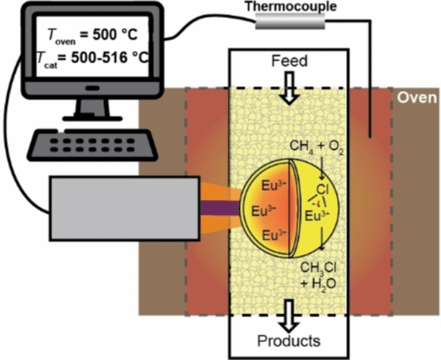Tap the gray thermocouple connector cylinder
(x=289, y=22)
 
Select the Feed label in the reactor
(x=289, y=60)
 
